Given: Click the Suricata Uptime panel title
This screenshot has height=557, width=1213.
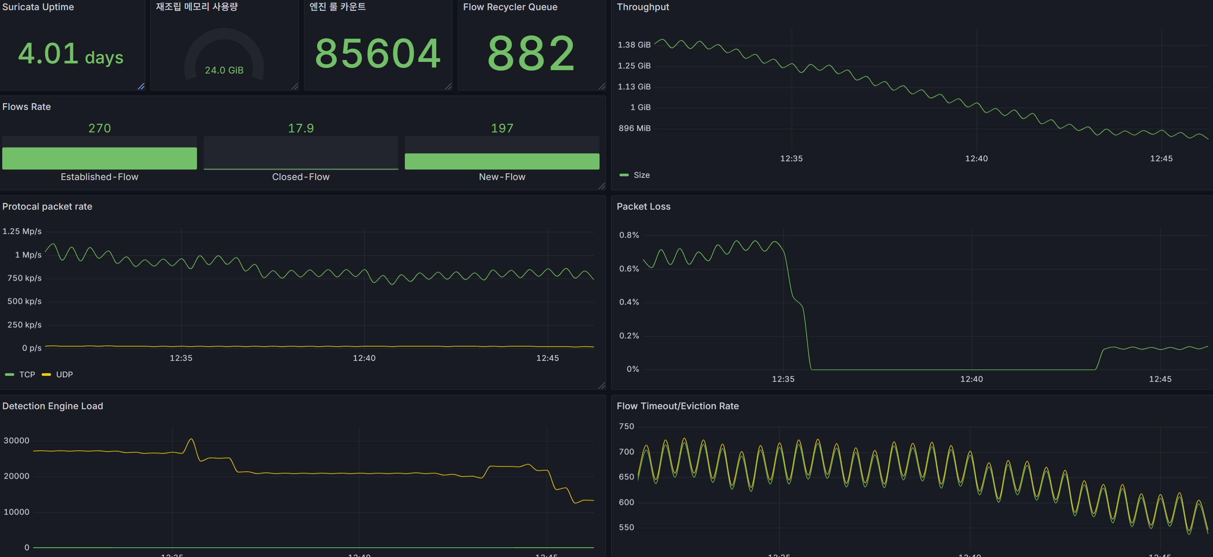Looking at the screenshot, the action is click(x=38, y=7).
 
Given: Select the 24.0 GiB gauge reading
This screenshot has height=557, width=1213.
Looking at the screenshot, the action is click(x=224, y=70).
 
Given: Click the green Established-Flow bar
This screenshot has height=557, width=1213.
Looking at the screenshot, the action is click(x=99, y=158).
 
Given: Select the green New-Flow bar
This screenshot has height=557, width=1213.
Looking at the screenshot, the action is click(x=502, y=161).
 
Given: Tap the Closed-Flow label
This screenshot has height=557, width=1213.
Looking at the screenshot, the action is click(x=301, y=177).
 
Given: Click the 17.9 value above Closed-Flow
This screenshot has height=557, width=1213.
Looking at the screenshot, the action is click(x=301, y=128).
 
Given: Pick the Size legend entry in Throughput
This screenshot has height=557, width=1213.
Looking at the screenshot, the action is click(x=635, y=175).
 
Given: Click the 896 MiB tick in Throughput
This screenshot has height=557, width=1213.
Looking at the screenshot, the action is click(x=634, y=128).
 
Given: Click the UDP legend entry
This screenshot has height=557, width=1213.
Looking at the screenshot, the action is click(x=57, y=375).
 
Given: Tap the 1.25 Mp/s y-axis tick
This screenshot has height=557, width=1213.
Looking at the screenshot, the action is click(x=22, y=231).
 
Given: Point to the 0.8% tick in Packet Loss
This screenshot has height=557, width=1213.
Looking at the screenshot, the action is click(x=629, y=235).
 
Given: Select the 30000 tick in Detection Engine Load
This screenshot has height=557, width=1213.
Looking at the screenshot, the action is click(x=17, y=441).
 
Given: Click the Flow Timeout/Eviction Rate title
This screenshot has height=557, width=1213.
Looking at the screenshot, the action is click(x=678, y=406).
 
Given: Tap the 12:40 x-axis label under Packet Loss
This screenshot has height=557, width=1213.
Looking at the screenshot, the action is click(x=971, y=379).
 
